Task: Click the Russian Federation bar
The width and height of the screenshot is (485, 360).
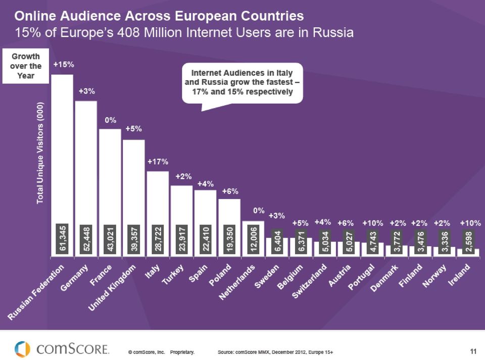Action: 62,166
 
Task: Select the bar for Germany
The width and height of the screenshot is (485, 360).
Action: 86,179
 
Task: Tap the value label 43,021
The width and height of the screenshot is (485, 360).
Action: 110,238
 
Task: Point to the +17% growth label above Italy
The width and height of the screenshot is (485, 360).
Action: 158,162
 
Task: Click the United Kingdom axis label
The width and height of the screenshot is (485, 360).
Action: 112,288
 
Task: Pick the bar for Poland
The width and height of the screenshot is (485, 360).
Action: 229,228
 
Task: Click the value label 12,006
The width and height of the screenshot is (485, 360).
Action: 253,239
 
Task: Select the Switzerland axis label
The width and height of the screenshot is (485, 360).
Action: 309,281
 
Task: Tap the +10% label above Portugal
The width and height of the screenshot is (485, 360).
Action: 373,223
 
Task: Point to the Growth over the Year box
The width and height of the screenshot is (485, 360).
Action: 26,66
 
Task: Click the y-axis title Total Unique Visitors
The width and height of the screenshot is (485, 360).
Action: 40,153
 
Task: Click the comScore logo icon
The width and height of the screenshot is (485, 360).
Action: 22,349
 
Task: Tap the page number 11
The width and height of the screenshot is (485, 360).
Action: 473,351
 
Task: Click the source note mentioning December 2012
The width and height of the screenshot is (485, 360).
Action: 275,352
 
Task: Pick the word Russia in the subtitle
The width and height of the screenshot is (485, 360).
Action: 332,32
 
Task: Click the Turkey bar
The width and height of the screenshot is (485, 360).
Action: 181,221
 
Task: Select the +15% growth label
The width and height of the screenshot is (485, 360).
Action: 64,64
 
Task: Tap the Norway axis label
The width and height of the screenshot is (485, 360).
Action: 434,275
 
